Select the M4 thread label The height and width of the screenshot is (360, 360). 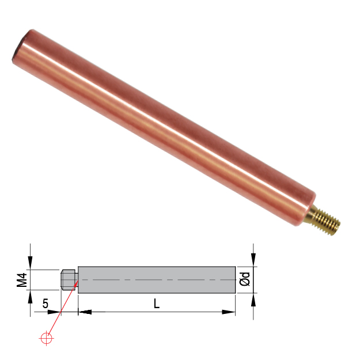tap(22, 280)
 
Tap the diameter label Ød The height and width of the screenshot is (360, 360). tap(244, 280)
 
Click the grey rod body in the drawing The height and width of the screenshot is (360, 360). tap(156, 280)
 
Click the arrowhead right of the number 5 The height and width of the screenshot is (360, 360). tap(58, 312)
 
